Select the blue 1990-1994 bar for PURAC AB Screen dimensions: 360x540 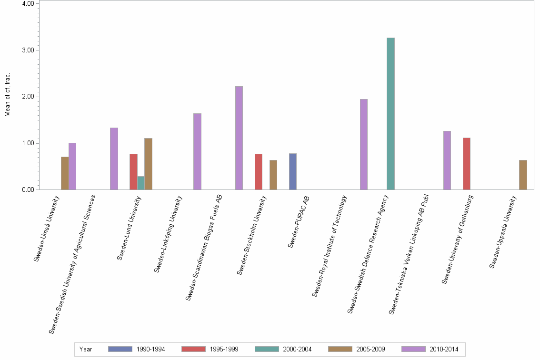point(293,171)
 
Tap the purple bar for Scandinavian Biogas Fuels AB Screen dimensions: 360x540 point(239,138)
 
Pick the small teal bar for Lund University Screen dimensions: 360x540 point(141,183)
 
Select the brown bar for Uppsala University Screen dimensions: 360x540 point(523,175)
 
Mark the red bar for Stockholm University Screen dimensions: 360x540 point(259,171)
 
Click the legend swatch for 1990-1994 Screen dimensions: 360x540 point(120,349)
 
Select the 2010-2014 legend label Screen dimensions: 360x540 point(444,350)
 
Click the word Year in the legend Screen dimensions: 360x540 point(86,350)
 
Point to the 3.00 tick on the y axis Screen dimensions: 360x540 point(27,50)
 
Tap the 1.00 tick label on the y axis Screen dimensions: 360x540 point(27,143)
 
